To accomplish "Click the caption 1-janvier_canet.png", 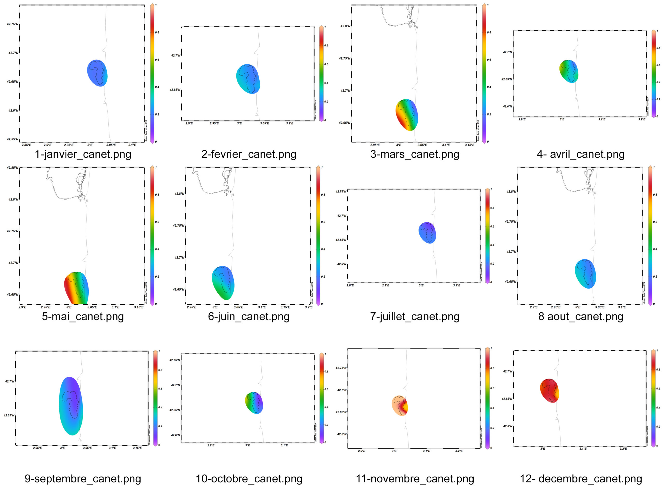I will pyautogui.click(x=83, y=154).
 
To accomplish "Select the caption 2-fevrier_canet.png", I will pyautogui.click(x=249, y=154).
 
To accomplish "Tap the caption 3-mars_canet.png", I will pyautogui.click(x=415, y=154).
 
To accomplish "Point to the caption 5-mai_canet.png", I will pyautogui.click(x=83, y=316).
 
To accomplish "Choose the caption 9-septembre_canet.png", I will pyautogui.click(x=83, y=478).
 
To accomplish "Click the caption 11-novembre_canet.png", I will pyautogui.click(x=415, y=478).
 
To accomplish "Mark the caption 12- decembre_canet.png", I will pyautogui.click(x=580, y=478).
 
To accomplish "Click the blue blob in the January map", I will pyautogui.click(x=98, y=73).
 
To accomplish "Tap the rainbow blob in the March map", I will pyautogui.click(x=407, y=115).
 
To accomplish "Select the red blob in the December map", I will pyautogui.click(x=549, y=390).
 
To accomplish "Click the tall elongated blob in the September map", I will pyautogui.click(x=71, y=406).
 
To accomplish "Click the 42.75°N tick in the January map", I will pyautogui.click(x=13, y=24).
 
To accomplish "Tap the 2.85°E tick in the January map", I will pyautogui.click(x=26, y=145).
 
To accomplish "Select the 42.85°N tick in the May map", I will pyautogui.click(x=13, y=168).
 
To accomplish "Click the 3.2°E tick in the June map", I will pyautogui.click(x=309, y=307).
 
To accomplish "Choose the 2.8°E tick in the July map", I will pyautogui.click(x=350, y=285).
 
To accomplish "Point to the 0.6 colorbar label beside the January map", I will pyautogui.click(x=157, y=60).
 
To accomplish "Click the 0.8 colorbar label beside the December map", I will pyautogui.click(x=658, y=369).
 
